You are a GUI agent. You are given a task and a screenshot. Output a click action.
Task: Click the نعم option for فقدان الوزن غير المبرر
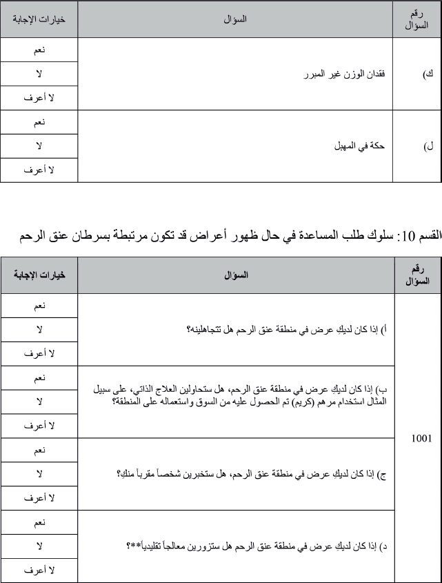click(x=39, y=50)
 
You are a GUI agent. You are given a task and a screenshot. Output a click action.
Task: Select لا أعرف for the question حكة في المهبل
click(x=39, y=170)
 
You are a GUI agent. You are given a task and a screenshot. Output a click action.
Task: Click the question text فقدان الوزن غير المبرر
click(x=346, y=74)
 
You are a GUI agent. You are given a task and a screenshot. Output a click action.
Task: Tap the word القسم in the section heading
click(x=426, y=237)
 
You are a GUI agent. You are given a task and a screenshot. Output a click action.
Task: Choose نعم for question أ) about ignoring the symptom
click(x=39, y=306)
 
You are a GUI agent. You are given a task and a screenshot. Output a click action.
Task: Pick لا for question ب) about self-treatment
click(x=39, y=402)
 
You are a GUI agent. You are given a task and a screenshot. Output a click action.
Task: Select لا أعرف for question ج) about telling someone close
click(x=39, y=497)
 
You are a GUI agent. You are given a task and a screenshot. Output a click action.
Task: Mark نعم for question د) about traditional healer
click(x=39, y=522)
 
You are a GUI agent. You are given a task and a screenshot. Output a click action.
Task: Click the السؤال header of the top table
click(x=236, y=19)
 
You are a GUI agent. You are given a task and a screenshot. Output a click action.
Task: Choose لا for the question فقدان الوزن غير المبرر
click(x=39, y=74)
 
